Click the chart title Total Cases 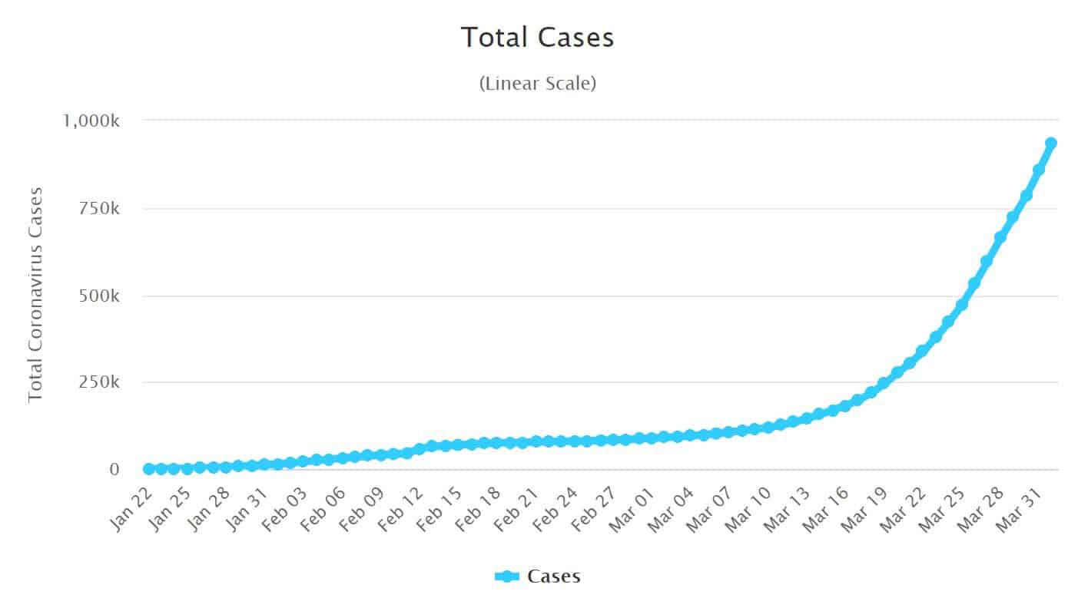coord(538,37)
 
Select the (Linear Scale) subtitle coord(538,84)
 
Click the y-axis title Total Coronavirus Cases coord(35,293)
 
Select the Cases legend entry coord(538,576)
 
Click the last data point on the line coord(1050,144)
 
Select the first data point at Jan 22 coord(148,468)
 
